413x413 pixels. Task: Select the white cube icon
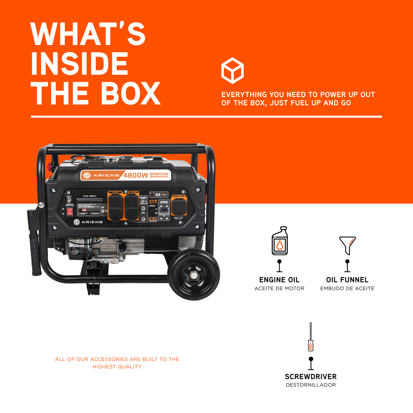pos(233,71)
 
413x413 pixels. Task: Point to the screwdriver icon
pos(311,337)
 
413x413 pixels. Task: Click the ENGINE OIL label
pos(279,280)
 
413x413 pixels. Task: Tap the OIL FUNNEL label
pos(347,280)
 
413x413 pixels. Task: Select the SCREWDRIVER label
pos(311,377)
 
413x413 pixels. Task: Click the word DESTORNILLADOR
pos(311,385)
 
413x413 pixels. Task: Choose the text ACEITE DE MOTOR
pos(279,288)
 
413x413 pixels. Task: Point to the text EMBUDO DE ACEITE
pos(347,288)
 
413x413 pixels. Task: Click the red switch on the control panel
pos(70,211)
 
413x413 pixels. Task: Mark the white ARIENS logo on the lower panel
pos(88,222)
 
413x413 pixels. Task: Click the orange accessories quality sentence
pos(117,363)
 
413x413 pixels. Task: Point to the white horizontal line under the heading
pos(206,117)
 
